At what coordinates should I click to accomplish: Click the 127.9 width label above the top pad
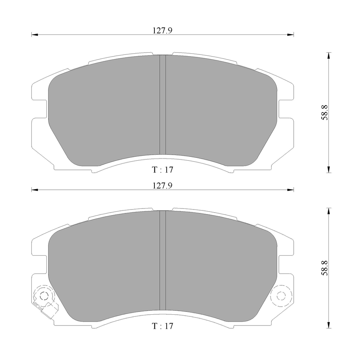point(162,30)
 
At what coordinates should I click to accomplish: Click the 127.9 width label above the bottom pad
point(162,186)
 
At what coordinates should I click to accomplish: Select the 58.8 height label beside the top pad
point(325,112)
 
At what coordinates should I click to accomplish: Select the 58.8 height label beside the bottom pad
point(325,268)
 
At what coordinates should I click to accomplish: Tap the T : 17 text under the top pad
point(162,170)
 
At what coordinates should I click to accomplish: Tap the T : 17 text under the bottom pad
point(162,326)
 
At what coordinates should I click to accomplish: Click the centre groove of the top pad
point(162,105)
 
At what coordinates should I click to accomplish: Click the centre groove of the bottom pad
point(162,260)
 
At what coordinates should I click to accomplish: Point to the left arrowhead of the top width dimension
point(34,35)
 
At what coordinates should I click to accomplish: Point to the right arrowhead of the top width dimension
point(290,35)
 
